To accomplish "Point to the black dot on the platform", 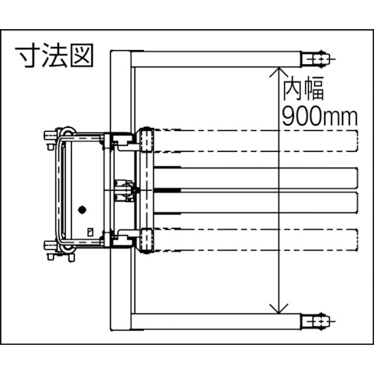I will click(x=83, y=209).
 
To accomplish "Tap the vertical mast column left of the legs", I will click(x=120, y=191).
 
